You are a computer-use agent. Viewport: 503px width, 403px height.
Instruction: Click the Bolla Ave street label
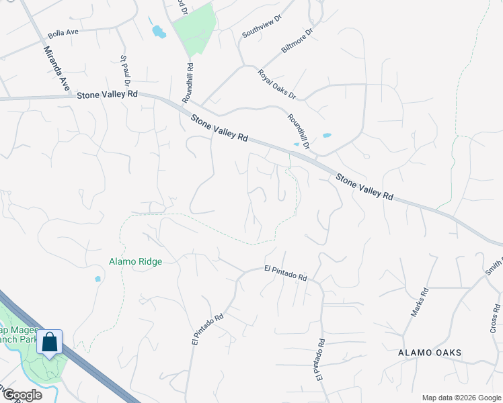[x=63, y=34]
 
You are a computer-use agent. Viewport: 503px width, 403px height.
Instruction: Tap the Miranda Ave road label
[x=56, y=69]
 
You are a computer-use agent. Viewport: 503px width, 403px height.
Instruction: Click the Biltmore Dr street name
[x=297, y=40]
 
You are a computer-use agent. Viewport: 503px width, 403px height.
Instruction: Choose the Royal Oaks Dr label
[x=276, y=83]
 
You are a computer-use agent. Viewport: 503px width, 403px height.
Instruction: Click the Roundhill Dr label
[x=298, y=130]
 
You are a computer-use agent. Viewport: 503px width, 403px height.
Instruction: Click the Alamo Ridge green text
[x=136, y=261]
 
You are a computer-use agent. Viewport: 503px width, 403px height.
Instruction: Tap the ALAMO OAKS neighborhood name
[x=430, y=353]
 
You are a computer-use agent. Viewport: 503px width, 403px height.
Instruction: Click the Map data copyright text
[x=461, y=398]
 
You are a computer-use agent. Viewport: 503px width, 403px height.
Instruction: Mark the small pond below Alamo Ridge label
[x=98, y=279]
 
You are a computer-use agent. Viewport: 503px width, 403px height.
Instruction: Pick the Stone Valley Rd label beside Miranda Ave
[x=107, y=95]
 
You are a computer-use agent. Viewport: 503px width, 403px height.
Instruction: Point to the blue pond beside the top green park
[x=159, y=31]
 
